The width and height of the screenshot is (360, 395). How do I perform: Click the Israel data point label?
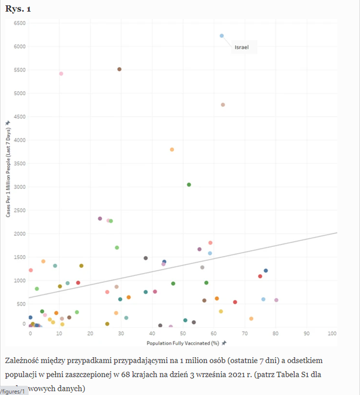tap(241, 48)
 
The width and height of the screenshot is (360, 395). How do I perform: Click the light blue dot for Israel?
tap(222, 35)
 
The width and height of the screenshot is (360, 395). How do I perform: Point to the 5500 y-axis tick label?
tap(19, 70)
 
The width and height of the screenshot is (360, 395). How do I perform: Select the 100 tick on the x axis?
tap(332, 333)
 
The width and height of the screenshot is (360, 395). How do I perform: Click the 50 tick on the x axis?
tap(183, 333)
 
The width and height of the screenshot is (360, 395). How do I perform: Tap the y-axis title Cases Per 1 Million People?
tap(8, 168)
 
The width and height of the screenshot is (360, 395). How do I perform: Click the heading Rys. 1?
tap(18, 8)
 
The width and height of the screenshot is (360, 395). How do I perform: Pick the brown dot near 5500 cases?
tap(119, 69)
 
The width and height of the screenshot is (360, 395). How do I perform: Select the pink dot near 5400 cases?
tap(61, 74)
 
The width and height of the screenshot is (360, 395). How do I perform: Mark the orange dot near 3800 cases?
tap(172, 149)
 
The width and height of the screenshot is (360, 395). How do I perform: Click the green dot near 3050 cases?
tap(189, 185)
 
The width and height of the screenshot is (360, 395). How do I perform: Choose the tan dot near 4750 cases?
tap(223, 105)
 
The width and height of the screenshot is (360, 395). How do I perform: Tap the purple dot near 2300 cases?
tap(100, 218)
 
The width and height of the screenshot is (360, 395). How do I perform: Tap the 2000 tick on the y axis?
tap(19, 234)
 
